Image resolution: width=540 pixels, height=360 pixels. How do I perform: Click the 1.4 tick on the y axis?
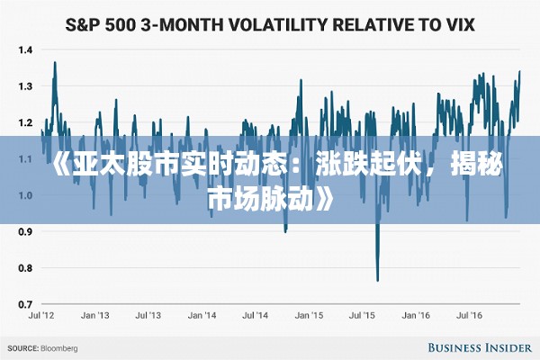23,49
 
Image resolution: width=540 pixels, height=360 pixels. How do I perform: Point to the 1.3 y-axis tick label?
23,86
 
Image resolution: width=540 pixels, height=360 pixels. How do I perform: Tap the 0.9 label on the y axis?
23,232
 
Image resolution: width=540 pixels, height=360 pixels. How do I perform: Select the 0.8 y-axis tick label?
23,268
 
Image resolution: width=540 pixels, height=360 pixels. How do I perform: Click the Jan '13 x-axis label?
94,317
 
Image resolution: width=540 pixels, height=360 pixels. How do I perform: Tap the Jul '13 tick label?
148,317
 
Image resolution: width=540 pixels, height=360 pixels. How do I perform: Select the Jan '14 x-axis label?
202,317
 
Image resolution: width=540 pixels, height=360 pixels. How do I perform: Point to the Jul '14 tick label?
255,317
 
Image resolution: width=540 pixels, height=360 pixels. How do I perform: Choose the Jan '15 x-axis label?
309,317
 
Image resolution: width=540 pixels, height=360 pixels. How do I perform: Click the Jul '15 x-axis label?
362,317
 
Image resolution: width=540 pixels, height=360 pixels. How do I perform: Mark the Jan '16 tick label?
415,317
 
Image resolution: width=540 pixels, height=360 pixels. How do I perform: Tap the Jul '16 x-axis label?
469,317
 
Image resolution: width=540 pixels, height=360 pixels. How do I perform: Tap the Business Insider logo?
477,346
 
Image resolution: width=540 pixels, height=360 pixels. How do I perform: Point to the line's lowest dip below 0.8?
377,280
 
